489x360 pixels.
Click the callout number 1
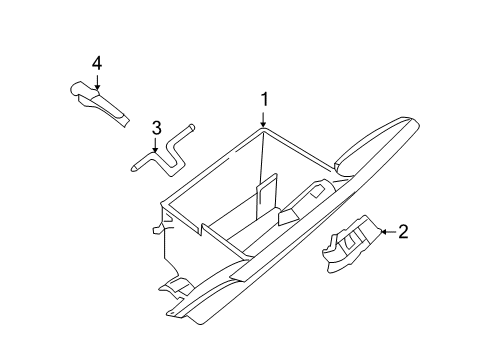click(x=264, y=100)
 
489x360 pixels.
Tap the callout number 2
click(x=403, y=232)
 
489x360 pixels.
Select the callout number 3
click(x=156, y=128)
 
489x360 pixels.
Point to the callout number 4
click(x=97, y=63)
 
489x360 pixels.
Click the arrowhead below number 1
click(x=263, y=124)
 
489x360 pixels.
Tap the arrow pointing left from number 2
click(x=388, y=232)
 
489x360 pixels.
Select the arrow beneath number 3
click(x=155, y=145)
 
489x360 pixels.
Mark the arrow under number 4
click(x=97, y=82)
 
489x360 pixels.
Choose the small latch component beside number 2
click(x=352, y=244)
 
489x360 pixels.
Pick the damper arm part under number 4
click(x=99, y=103)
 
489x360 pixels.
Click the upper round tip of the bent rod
click(x=192, y=127)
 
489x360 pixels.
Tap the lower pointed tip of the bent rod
click(x=133, y=168)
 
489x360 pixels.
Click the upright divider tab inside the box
click(x=266, y=196)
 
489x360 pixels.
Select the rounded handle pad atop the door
click(x=377, y=145)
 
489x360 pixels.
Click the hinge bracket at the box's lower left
click(x=177, y=286)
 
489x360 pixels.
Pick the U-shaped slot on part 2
click(x=351, y=241)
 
